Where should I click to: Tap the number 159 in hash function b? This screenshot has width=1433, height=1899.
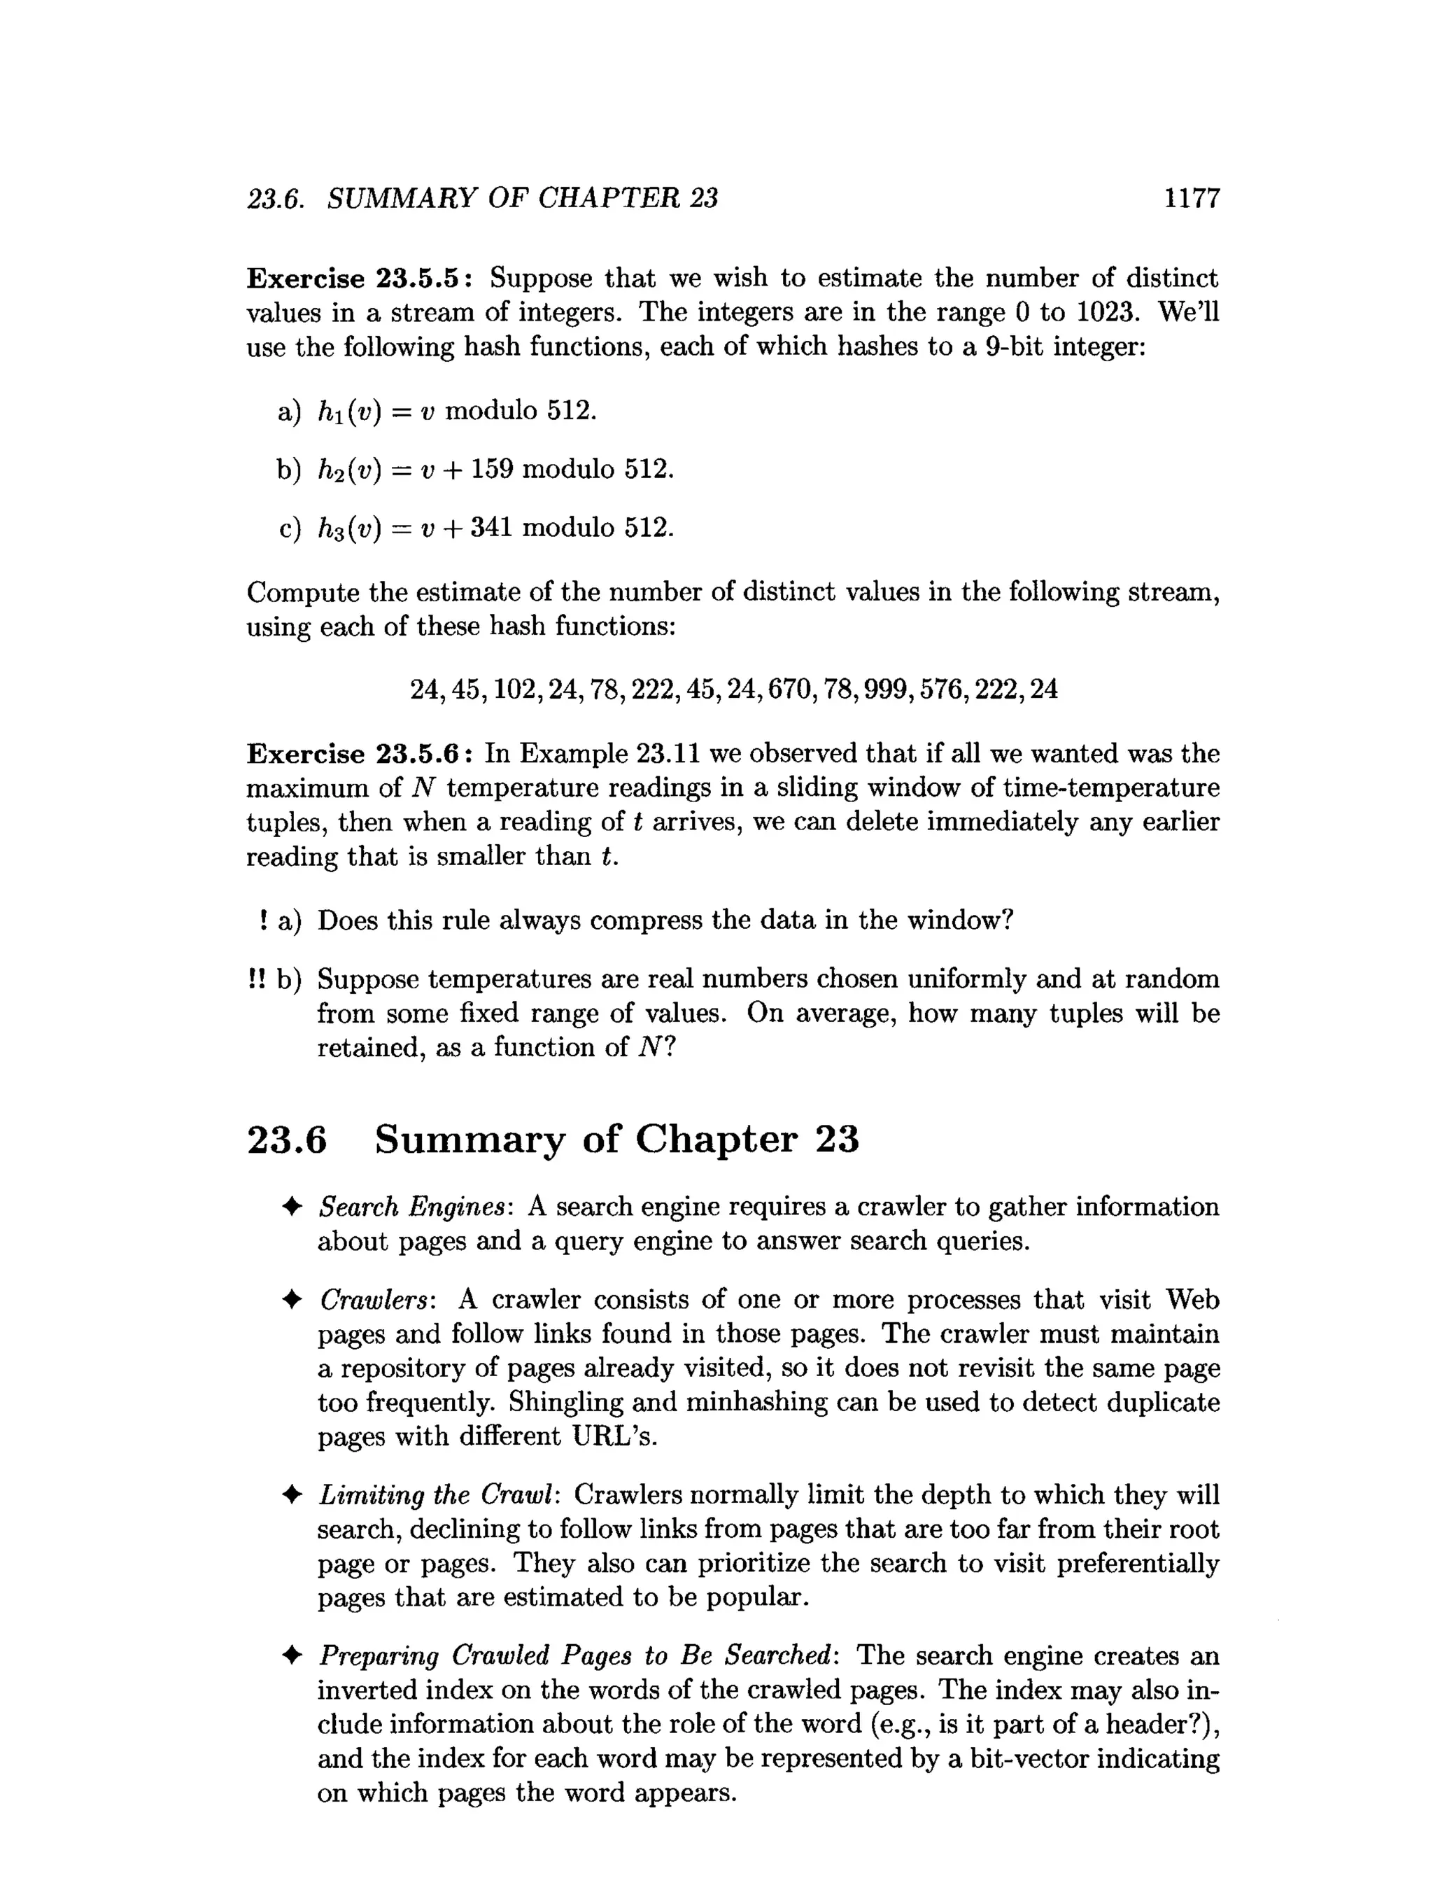(492, 470)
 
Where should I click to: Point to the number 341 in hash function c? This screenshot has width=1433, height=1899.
(492, 527)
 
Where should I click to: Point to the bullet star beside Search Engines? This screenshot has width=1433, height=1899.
(292, 1207)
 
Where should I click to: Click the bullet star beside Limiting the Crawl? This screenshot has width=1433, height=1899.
(292, 1496)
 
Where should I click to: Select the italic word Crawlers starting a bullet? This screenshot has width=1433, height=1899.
(378, 1300)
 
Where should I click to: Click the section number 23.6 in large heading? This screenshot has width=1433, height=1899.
(287, 1140)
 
